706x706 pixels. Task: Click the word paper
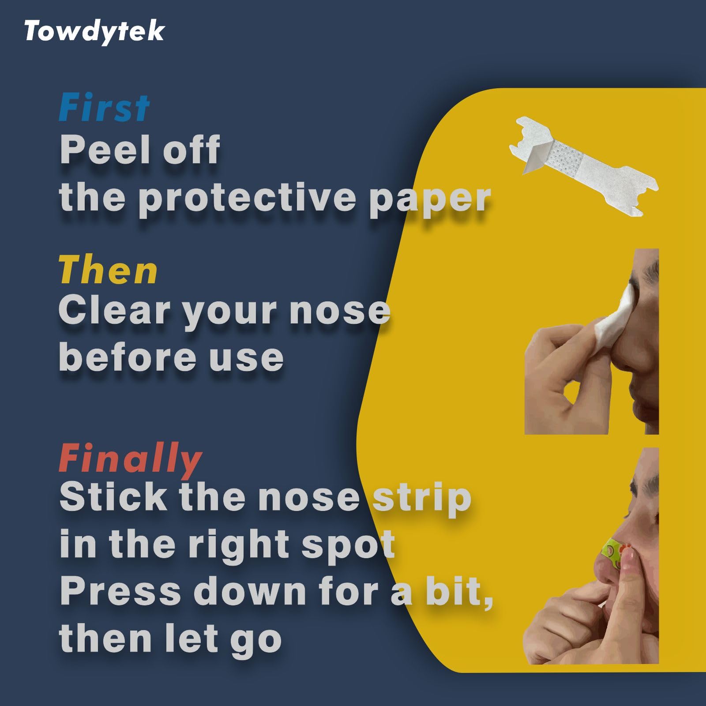pos(430,201)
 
